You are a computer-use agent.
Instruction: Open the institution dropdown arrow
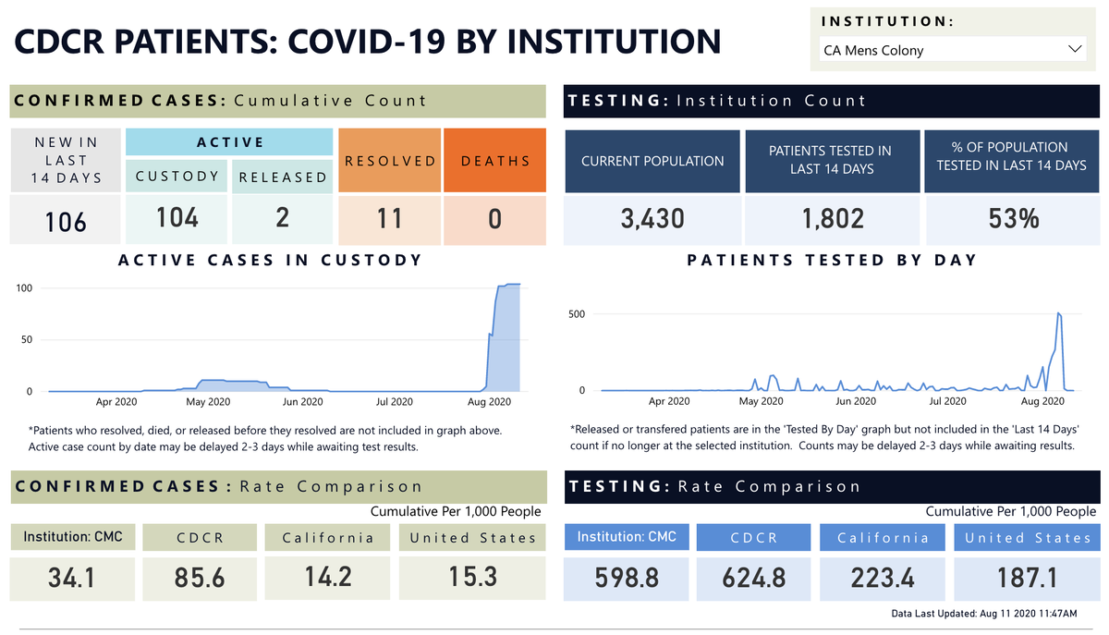click(1075, 49)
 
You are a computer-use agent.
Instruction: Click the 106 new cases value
click(66, 221)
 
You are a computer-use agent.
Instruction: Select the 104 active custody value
click(177, 217)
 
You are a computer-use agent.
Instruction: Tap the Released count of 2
click(282, 217)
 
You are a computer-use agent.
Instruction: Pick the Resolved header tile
click(390, 161)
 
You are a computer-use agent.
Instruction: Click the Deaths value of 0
click(494, 218)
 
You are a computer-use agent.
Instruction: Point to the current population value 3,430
click(652, 218)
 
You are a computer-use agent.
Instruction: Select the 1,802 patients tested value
click(832, 218)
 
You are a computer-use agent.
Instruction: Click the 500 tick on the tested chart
click(576, 314)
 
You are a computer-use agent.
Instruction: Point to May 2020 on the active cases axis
click(208, 402)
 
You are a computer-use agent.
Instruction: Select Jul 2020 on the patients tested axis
click(947, 402)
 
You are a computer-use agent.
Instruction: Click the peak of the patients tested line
click(1058, 314)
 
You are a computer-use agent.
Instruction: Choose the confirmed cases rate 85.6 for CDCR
click(199, 578)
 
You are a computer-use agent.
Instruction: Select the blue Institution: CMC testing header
click(627, 537)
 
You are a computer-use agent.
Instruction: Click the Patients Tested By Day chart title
click(832, 261)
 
